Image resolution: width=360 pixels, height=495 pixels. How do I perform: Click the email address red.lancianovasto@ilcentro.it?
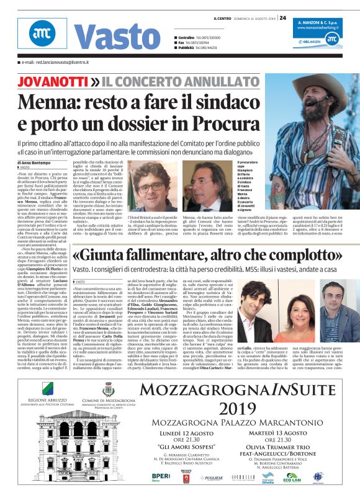click(x=56, y=63)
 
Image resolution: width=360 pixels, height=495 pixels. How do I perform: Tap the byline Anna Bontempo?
click(x=40, y=163)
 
